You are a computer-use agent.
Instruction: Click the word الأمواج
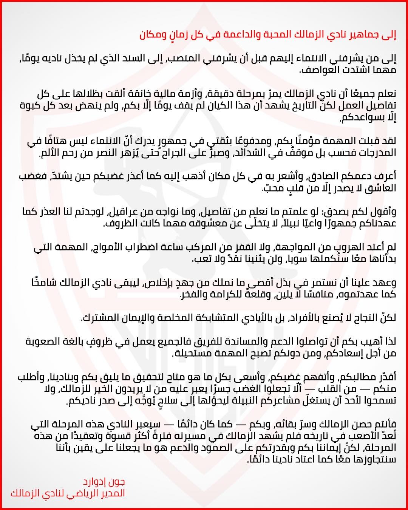pyautogui.click(x=104, y=248)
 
